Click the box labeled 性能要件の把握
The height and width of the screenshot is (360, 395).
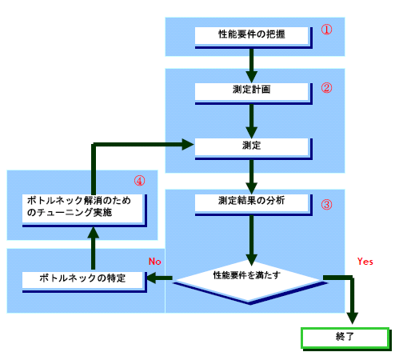250,35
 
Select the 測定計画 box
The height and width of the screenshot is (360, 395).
250,90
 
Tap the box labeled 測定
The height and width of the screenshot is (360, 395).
250,146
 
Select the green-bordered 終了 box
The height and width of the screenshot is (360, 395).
345,337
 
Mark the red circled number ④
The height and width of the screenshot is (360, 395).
139,180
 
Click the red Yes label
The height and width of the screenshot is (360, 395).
365,261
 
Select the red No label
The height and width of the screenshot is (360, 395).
156,261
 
